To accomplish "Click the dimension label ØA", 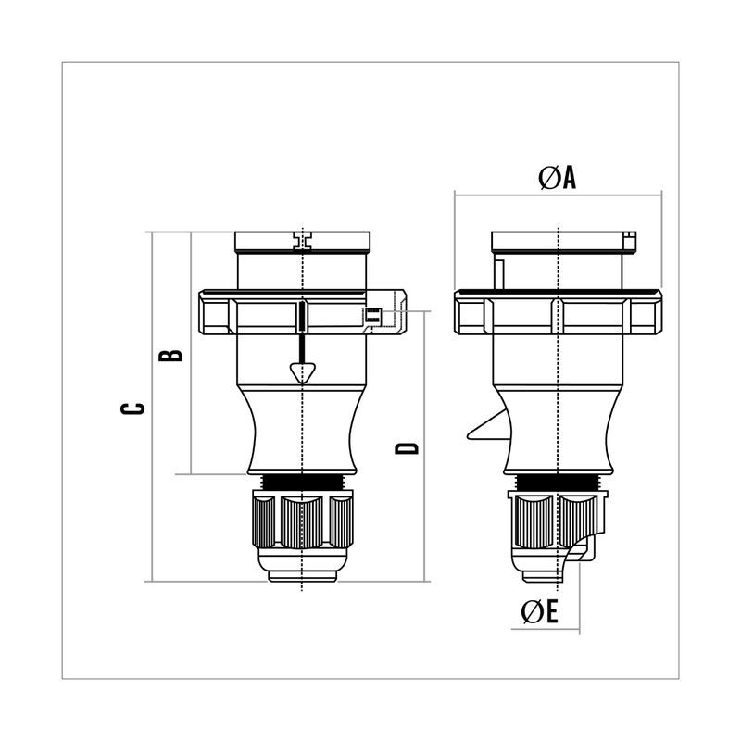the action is (558, 178).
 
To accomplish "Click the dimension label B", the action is (170, 356).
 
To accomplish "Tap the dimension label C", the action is (132, 408).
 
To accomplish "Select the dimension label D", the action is (407, 448).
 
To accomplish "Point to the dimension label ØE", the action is (540, 611).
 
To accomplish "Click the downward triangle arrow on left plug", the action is (303, 372).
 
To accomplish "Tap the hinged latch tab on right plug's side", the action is (488, 425).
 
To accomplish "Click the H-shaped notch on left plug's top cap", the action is (303, 241).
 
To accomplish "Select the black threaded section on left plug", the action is (303, 483).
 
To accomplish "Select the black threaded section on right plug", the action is (559, 483).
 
